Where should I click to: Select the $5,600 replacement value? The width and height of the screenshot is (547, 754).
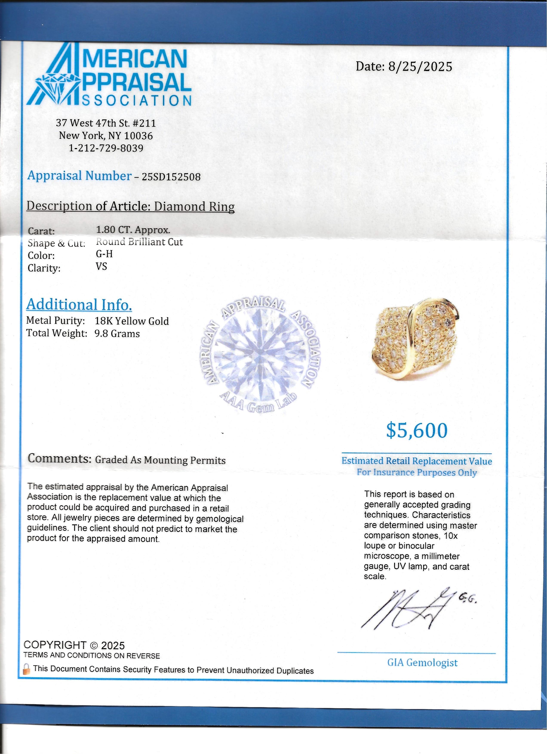pyautogui.click(x=417, y=431)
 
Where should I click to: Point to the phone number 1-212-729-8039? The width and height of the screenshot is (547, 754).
pyautogui.click(x=106, y=148)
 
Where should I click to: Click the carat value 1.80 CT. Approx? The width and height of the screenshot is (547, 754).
pyautogui.click(x=133, y=230)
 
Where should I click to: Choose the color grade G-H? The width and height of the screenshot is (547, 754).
pyautogui.click(x=104, y=254)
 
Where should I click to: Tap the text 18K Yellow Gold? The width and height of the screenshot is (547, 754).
pyautogui.click(x=132, y=321)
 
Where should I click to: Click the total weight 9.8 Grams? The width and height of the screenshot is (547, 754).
pyautogui.click(x=117, y=334)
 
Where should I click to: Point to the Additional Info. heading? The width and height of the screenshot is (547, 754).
pyautogui.click(x=79, y=304)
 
